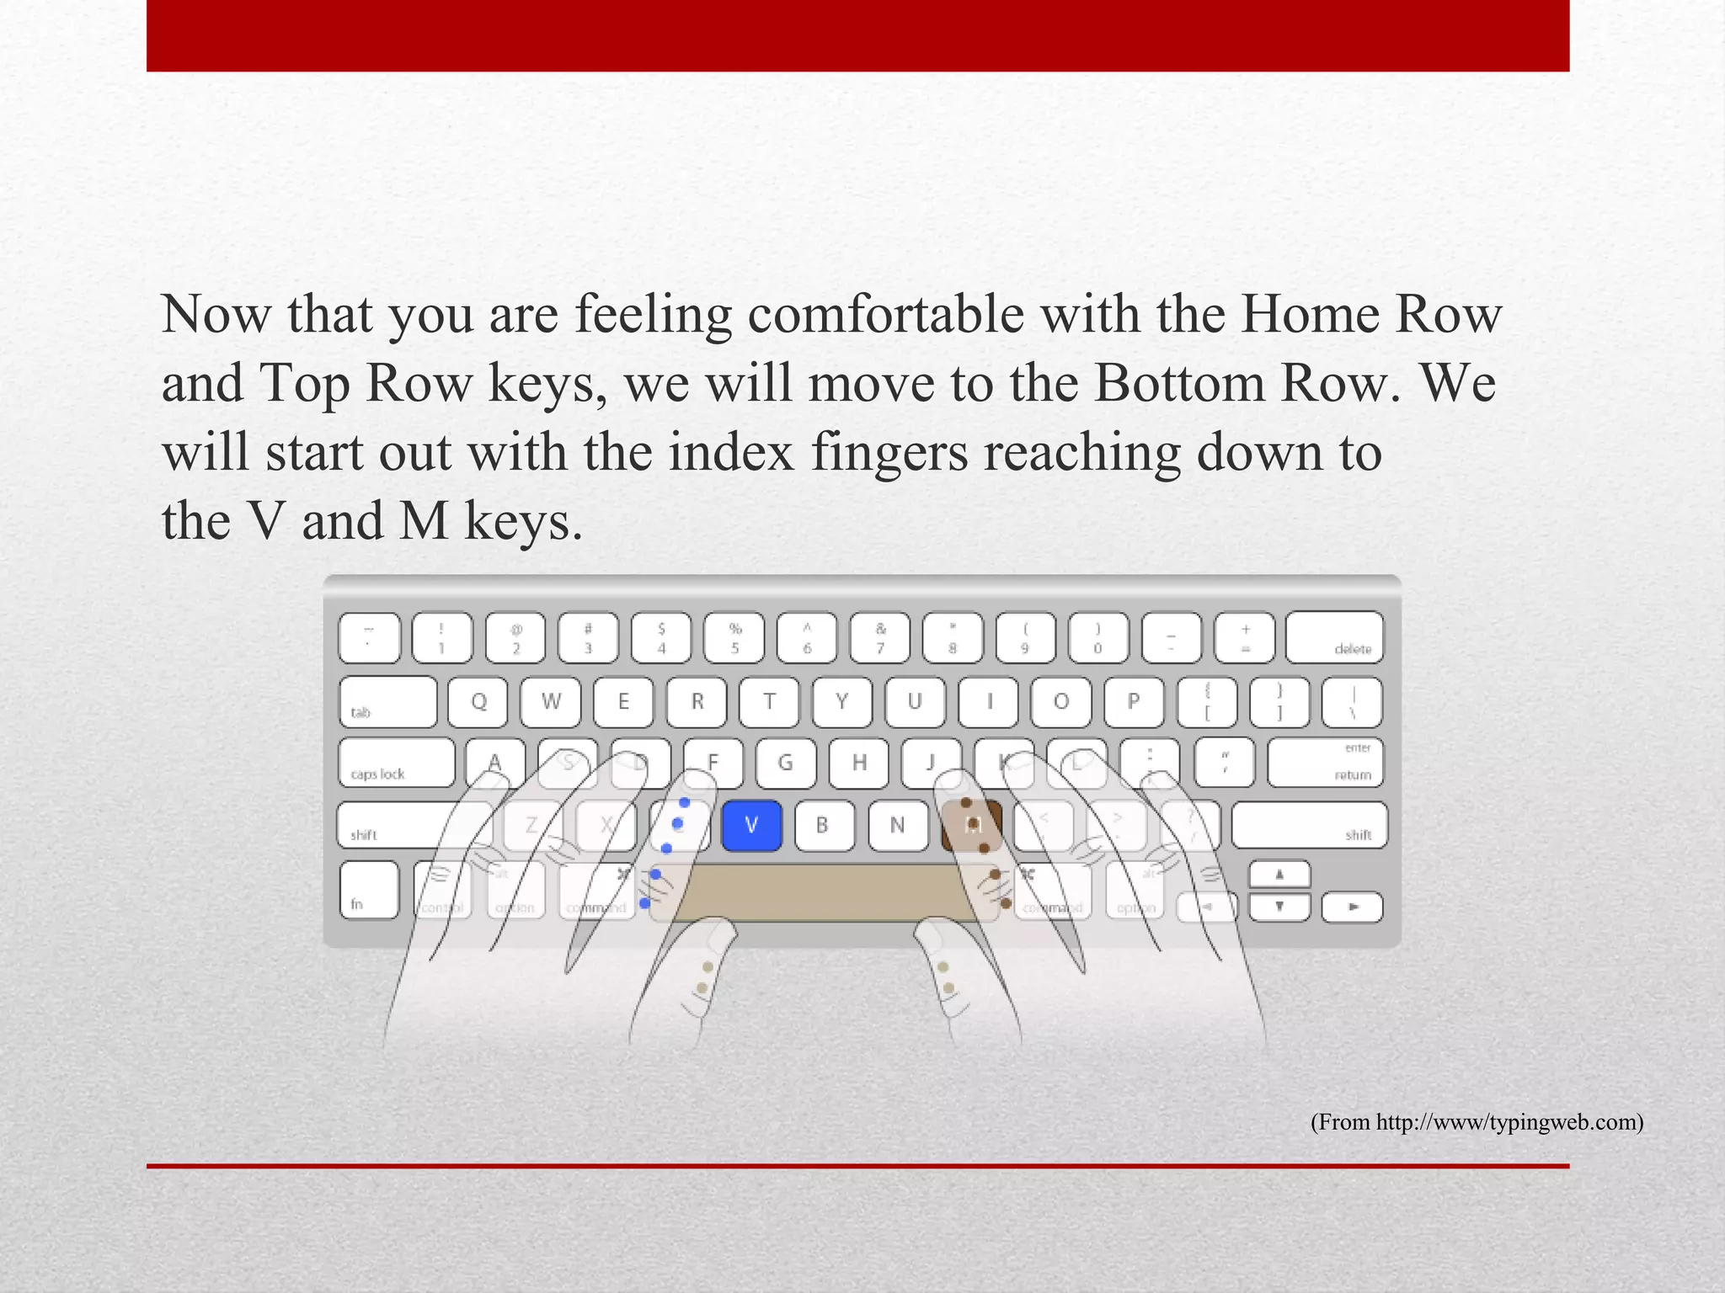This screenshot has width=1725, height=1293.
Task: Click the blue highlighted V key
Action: tap(751, 826)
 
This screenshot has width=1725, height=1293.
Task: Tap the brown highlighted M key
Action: tap(971, 826)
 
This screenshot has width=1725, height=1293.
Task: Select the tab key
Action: tap(387, 701)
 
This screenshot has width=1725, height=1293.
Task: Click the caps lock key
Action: tap(396, 763)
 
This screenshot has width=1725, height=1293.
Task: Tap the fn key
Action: tap(369, 890)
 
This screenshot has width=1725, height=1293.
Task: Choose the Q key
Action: tap(478, 701)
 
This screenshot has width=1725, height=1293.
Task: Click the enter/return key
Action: tap(1325, 763)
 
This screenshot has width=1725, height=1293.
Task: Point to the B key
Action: tap(823, 826)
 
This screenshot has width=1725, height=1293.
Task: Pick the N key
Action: tap(897, 826)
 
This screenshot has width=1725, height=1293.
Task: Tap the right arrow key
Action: tap(1352, 907)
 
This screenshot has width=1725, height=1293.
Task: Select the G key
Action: tap(785, 763)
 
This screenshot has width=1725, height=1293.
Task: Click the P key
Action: tap(1134, 701)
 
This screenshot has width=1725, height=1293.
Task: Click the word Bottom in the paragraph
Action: tap(1179, 384)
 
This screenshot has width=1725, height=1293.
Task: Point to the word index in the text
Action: tap(731, 453)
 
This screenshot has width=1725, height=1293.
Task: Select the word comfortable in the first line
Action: tap(885, 315)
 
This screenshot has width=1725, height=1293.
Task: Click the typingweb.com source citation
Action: tap(1476, 1122)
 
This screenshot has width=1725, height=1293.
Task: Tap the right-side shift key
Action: tap(1309, 826)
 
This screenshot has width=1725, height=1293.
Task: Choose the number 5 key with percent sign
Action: tap(734, 638)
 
